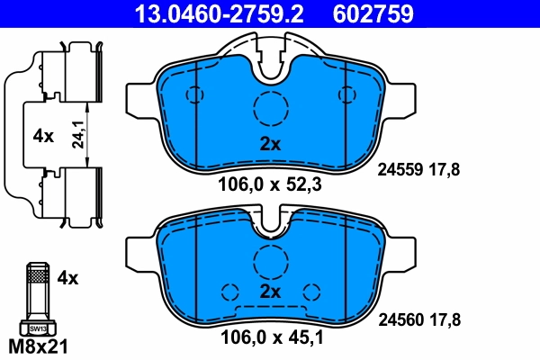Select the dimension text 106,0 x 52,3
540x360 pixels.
pyautogui.click(x=269, y=187)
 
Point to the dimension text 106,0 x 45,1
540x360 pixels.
pyautogui.click(x=269, y=339)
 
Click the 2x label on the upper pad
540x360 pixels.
pyautogui.click(x=270, y=144)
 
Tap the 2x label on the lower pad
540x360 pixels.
pyautogui.click(x=270, y=292)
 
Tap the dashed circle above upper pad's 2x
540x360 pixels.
pyautogui.click(x=269, y=109)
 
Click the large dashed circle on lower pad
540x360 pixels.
pyautogui.click(x=269, y=260)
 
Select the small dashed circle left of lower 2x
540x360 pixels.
pyautogui.click(x=229, y=292)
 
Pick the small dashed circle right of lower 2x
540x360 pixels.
pyautogui.click(x=311, y=292)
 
